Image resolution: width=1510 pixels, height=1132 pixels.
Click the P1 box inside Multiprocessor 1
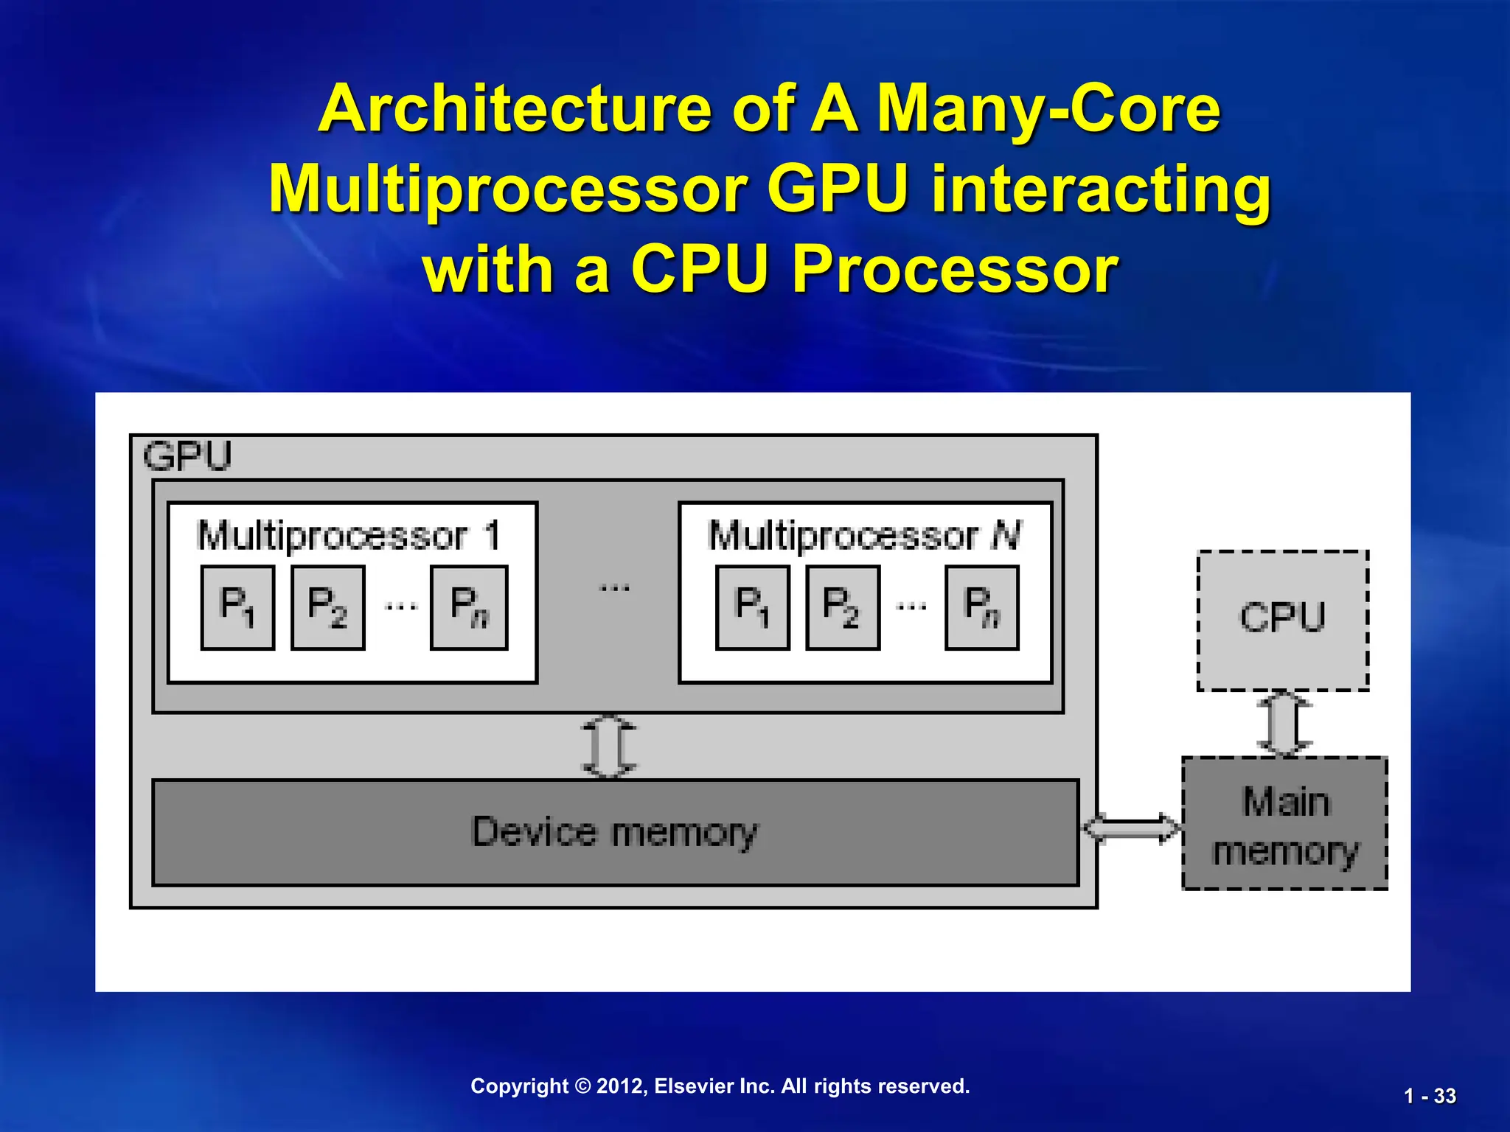(237, 607)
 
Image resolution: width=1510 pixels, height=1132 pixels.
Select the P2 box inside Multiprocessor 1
(327, 607)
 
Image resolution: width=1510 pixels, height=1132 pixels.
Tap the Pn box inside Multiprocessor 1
(469, 607)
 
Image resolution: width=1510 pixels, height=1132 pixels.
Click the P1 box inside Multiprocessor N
(752, 607)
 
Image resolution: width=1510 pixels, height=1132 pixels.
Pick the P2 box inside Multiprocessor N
(843, 607)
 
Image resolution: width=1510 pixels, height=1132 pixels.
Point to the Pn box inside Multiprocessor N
(982, 607)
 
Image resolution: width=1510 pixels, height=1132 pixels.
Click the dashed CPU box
(1282, 620)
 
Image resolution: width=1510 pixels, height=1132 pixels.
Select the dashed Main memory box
(1284, 823)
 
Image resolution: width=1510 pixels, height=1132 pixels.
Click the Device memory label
(614, 832)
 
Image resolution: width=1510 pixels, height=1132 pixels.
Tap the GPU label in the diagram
(187, 456)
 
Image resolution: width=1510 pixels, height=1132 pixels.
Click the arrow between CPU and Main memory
(1284, 724)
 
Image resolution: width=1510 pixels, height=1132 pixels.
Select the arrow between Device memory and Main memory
(1131, 828)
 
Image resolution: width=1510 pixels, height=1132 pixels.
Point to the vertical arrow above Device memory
(609, 747)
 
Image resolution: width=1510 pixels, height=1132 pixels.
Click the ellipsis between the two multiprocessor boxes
(614, 588)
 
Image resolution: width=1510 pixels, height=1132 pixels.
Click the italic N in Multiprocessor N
(1006, 536)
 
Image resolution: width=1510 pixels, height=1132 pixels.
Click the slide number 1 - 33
(1430, 1097)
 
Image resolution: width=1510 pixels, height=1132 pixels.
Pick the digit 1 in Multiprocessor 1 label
(492, 535)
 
